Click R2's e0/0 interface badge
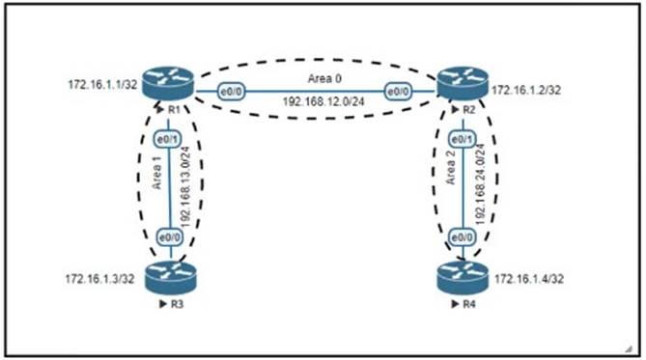[x=398, y=92]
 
